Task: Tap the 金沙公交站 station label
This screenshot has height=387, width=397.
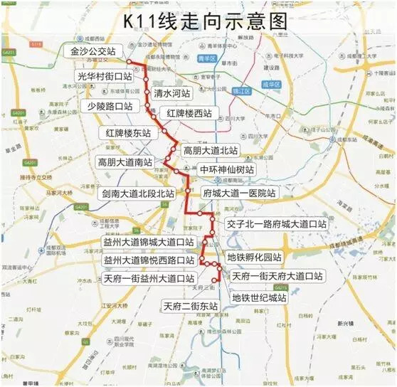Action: pyautogui.click(x=95, y=52)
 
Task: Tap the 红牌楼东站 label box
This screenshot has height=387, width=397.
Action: pyautogui.click(x=128, y=133)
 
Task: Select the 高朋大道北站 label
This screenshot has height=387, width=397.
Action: pyautogui.click(x=210, y=150)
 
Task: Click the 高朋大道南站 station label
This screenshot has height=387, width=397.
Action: pyautogui.click(x=125, y=162)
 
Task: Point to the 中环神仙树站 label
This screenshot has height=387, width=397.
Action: pyautogui.click(x=226, y=170)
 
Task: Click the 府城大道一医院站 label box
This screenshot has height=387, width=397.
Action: pyautogui.click(x=238, y=193)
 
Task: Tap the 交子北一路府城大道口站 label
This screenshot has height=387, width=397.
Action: pyautogui.click(x=276, y=223)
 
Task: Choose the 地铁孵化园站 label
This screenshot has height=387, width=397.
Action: pyautogui.click(x=254, y=257)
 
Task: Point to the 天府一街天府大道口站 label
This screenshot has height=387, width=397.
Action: pyautogui.click(x=276, y=275)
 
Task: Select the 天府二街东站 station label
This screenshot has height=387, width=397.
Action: pyautogui.click(x=189, y=307)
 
